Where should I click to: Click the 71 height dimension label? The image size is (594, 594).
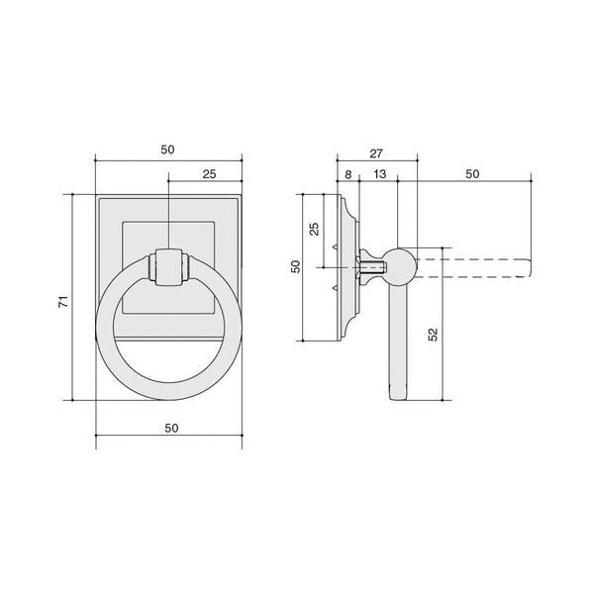[64, 301]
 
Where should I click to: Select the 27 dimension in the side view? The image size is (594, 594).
[376, 153]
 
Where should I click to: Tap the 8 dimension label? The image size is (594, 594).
[348, 174]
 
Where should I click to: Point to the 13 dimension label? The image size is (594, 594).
[379, 174]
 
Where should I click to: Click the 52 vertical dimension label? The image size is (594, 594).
[433, 335]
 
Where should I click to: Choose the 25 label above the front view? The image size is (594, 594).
[209, 174]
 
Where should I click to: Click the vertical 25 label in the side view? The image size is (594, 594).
[315, 230]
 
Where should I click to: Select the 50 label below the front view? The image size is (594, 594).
[171, 428]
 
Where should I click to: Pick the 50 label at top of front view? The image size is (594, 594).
[167, 149]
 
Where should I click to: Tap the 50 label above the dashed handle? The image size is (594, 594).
[472, 174]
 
